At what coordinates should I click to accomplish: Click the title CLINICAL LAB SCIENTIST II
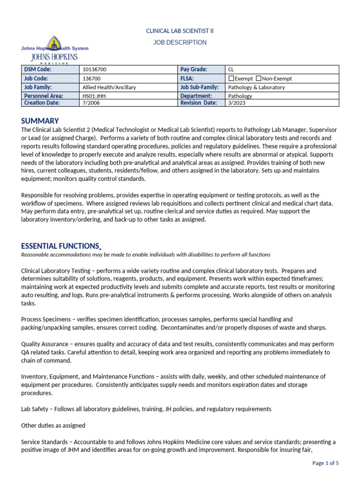click(x=180, y=31)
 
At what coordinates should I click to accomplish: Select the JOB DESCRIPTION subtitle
click(x=180, y=43)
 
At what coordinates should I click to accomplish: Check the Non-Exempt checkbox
click(x=259, y=78)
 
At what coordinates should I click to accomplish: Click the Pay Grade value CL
click(x=231, y=69)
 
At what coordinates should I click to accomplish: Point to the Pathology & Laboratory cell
click(x=256, y=87)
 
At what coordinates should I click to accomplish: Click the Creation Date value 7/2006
click(x=91, y=103)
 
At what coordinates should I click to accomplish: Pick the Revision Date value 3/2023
click(x=236, y=103)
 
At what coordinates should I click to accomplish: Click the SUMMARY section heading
click(x=40, y=120)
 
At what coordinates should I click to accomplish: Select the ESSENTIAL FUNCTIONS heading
click(x=60, y=246)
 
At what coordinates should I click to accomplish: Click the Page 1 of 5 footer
click(x=325, y=463)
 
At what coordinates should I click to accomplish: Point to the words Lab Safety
click(x=35, y=409)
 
